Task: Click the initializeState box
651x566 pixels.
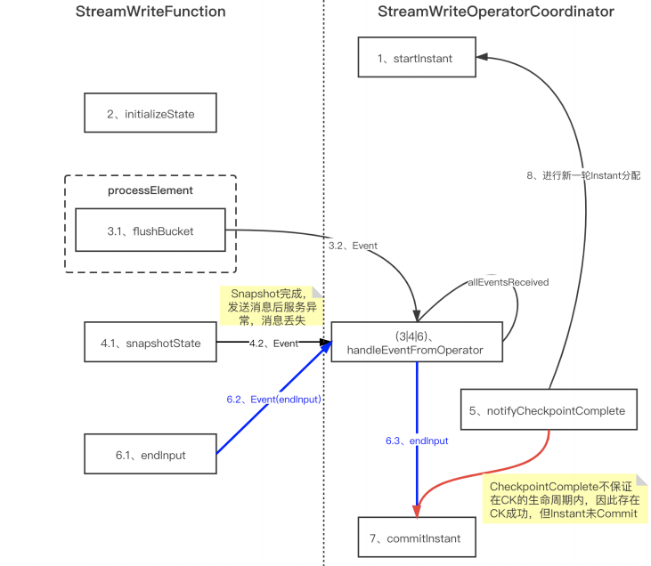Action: (150, 114)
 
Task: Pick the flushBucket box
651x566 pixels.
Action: (150, 231)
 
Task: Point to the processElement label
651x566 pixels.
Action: (150, 190)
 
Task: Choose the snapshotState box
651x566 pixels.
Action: (150, 343)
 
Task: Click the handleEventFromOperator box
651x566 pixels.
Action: (415, 344)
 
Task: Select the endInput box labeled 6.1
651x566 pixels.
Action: (150, 455)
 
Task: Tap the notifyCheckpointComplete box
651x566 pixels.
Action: (548, 411)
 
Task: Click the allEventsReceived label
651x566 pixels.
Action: (508, 282)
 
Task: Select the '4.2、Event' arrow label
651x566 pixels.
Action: (273, 343)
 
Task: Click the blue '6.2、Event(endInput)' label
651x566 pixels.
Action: (273, 399)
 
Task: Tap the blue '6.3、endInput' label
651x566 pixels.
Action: (416, 441)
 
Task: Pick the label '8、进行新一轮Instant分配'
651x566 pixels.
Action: (582, 175)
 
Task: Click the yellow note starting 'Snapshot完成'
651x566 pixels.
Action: (268, 305)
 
